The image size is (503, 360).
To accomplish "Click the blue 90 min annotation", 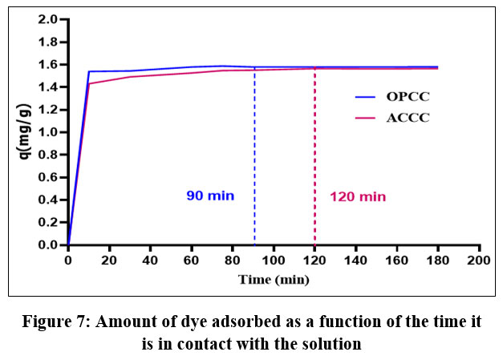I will pyautogui.click(x=210, y=196).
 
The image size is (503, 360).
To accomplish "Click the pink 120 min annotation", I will pyautogui.click(x=358, y=196).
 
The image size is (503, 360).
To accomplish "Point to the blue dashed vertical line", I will pyautogui.click(x=254, y=160).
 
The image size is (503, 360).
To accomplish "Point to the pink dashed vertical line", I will pyautogui.click(x=314, y=160).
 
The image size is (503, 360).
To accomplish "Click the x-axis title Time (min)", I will pyautogui.click(x=274, y=279).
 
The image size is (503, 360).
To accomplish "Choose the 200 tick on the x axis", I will pyautogui.click(x=479, y=261).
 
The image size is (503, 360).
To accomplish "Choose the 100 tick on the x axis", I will pyautogui.click(x=274, y=261).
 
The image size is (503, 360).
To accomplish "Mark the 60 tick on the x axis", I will pyautogui.click(x=192, y=261).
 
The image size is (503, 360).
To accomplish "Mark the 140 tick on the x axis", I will pyautogui.click(x=356, y=261).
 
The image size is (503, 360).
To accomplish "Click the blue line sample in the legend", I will pyautogui.click(x=367, y=96).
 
